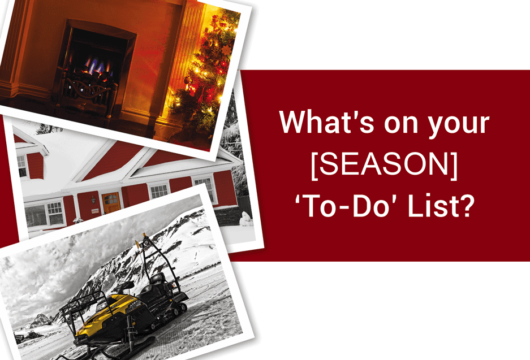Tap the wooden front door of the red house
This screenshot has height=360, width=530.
pos(111,202)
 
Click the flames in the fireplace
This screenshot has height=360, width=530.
pos(98,66)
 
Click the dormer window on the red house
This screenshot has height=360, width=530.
pos(22,166)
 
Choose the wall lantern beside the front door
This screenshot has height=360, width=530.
pos(93,200)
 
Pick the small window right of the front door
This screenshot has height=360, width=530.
pos(159,192)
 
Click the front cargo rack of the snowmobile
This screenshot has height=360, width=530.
pos(81,306)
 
